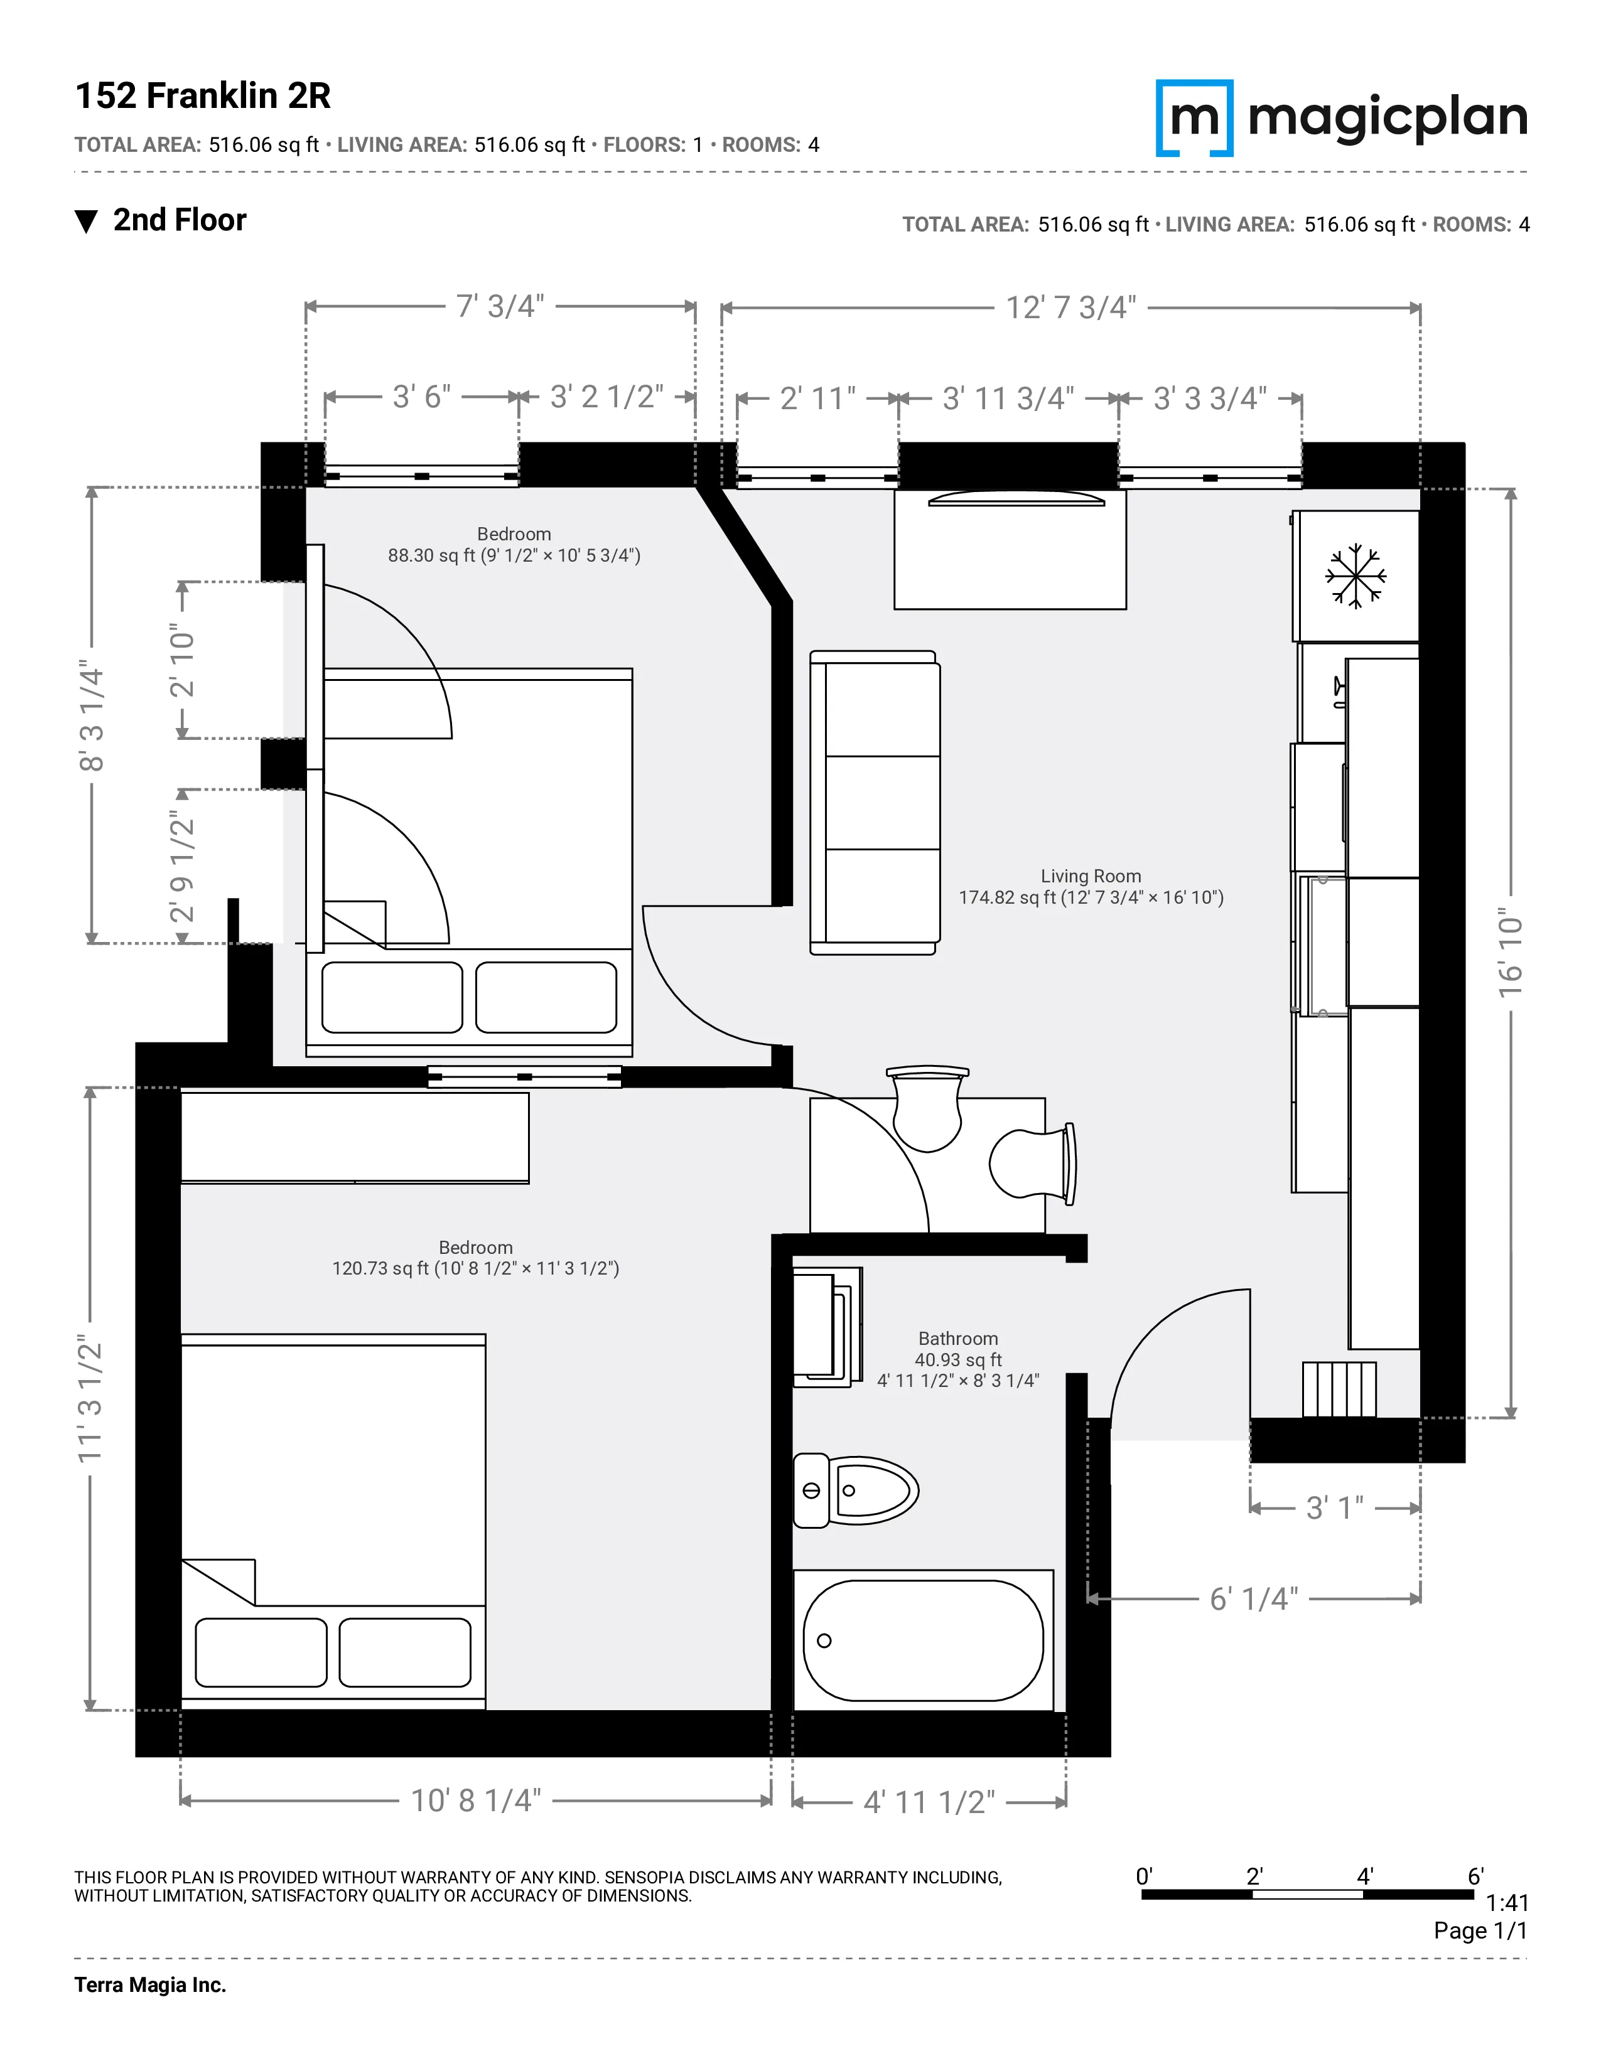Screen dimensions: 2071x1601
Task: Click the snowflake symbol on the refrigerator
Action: click(x=1356, y=575)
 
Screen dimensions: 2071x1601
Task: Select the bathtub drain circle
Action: click(x=824, y=1640)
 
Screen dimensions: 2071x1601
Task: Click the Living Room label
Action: click(x=1091, y=876)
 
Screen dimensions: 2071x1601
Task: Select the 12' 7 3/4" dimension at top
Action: click(x=1071, y=308)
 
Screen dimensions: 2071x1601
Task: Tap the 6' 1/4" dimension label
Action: click(x=1253, y=1600)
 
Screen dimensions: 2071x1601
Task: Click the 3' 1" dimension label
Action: click(x=1335, y=1507)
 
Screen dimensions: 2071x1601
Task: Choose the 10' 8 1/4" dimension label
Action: click(x=475, y=1801)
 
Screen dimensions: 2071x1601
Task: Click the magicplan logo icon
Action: click(x=1194, y=117)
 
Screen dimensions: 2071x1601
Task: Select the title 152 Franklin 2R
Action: click(x=203, y=96)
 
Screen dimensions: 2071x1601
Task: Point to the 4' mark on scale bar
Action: click(x=1364, y=1876)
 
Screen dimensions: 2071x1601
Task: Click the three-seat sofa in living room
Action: click(x=875, y=802)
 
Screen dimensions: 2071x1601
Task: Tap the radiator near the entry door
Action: click(x=1339, y=1389)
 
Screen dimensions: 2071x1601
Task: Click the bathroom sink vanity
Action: click(x=826, y=1327)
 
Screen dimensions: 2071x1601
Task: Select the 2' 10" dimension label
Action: click(x=182, y=660)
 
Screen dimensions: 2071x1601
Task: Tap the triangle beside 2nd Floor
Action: click(x=86, y=222)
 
